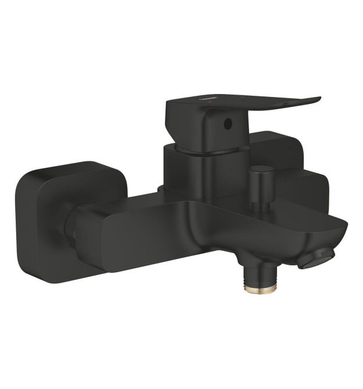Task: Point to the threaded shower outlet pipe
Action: (x=256, y=276)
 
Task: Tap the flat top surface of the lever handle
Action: (x=244, y=103)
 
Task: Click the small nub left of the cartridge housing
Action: (x=160, y=189)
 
